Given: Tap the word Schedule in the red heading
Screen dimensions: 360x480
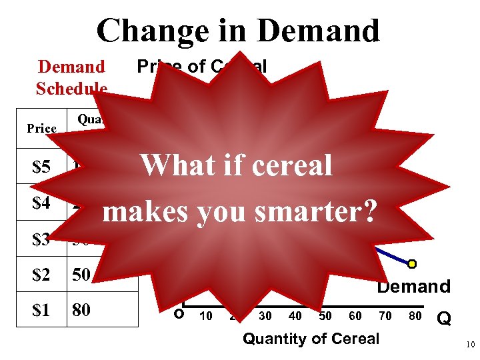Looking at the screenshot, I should coord(72,89).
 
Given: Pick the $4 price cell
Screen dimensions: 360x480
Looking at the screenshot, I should coord(41,203).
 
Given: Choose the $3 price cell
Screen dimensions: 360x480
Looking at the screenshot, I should coord(41,239).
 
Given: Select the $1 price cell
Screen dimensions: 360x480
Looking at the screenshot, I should coord(41,311).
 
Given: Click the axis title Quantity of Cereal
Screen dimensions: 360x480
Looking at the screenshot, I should coord(311,339).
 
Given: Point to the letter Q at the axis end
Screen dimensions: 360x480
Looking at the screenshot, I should coord(443,319).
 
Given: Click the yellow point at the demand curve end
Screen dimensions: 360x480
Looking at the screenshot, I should coord(412,264).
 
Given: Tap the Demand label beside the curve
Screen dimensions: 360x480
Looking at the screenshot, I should coord(414,287).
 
